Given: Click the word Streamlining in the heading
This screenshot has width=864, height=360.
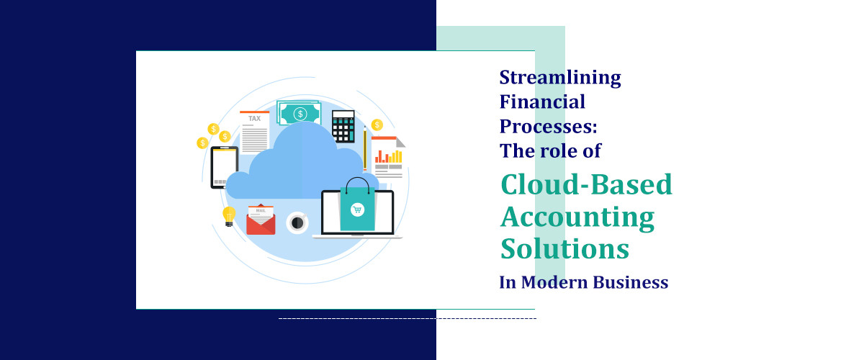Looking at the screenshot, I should (560, 78).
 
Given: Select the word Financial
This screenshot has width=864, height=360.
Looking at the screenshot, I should (542, 102).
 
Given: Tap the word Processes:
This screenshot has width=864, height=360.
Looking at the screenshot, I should (549, 127).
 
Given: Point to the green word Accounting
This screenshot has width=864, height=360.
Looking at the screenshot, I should (577, 216).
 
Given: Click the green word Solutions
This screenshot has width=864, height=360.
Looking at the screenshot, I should (564, 248).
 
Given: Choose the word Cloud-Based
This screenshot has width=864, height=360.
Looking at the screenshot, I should (586, 184).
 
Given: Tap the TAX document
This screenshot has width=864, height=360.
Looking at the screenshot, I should (254, 132).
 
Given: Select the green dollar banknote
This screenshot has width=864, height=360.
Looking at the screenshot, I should (300, 114).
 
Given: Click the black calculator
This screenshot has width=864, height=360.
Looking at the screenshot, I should (343, 125).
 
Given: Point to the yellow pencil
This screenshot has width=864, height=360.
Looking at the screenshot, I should (365, 148).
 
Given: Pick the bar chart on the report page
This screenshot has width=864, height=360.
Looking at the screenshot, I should (389, 155).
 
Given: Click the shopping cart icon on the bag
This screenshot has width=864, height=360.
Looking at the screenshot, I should (356, 210).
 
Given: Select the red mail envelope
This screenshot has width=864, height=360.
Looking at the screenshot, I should (261, 220).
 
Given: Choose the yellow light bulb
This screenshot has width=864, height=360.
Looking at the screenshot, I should (229, 216).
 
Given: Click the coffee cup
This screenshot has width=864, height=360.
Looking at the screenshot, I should (296, 222).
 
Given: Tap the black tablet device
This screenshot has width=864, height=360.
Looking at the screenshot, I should (224, 168).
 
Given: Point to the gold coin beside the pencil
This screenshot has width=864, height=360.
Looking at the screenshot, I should (377, 125).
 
